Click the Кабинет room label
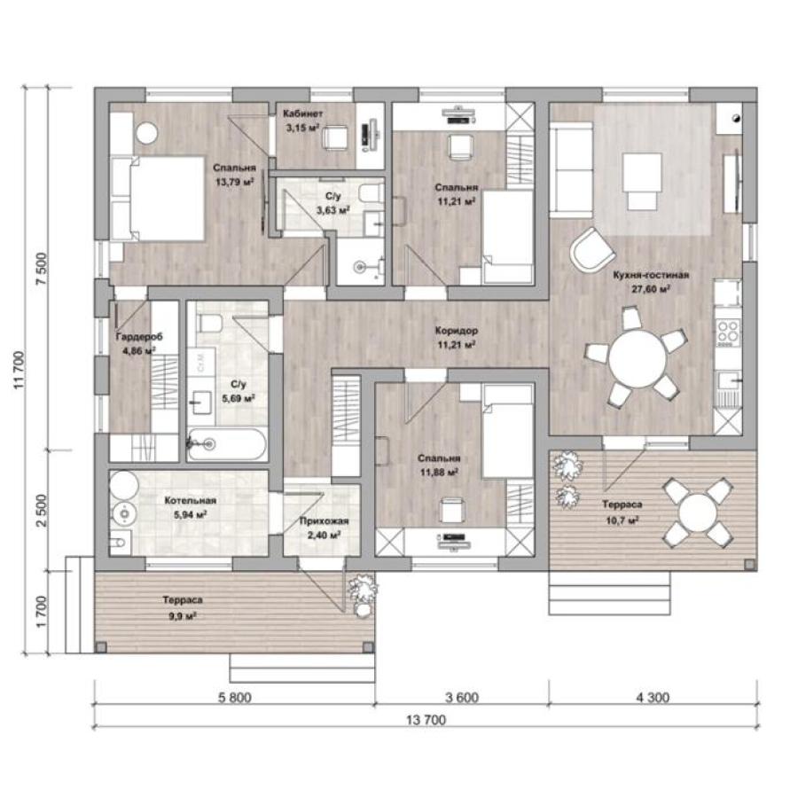coord(302,113)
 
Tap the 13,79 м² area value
coord(235,182)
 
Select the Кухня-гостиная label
coord(651,275)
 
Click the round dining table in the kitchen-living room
coord(638,359)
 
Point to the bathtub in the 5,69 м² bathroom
coord(226,444)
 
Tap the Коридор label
coord(457,331)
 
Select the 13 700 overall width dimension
coord(426,720)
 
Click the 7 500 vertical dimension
coord(42,269)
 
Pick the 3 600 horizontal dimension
coord(462,697)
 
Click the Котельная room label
coord(191,501)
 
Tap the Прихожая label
coord(324,521)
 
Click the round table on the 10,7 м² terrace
coord(699,513)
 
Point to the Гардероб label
coord(139,337)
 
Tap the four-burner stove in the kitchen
coord(728,332)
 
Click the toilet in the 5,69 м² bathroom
coord(208,323)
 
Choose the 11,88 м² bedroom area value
coord(439,473)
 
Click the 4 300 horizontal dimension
coord(653,697)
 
